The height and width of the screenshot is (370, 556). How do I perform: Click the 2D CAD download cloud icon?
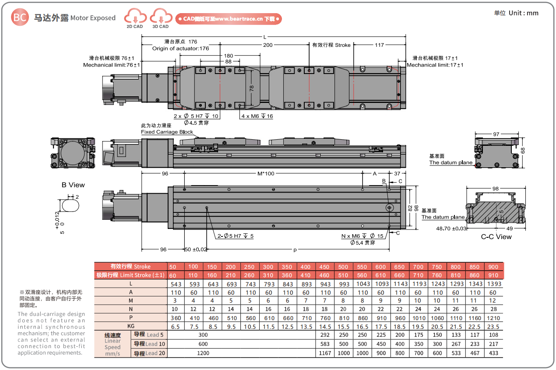tap(135, 16)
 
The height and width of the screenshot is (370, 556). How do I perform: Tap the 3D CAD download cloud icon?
tap(161, 16)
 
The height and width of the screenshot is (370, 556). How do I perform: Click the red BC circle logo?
tap(20, 17)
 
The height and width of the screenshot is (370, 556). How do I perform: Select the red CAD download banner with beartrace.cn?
tap(229, 19)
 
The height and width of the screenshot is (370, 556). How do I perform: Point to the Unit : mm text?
tap(524, 13)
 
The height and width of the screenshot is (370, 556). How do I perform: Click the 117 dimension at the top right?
tap(379, 45)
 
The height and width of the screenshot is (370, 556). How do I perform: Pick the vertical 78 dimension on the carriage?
tap(251, 88)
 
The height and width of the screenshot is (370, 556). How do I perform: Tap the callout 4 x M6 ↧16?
tap(257, 116)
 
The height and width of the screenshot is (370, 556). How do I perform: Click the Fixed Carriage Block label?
tap(167, 132)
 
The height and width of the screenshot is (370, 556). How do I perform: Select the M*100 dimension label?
tap(266, 173)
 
